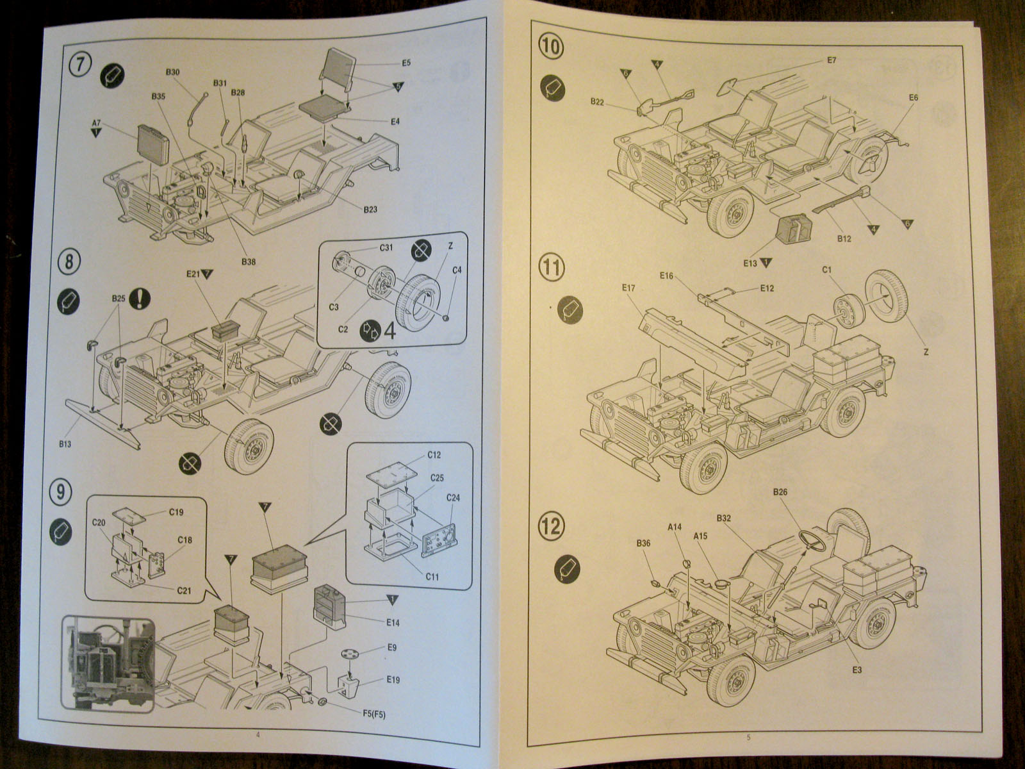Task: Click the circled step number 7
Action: pos(79,66)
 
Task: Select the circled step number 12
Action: pos(552,526)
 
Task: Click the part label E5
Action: pos(406,63)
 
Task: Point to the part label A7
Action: pos(96,122)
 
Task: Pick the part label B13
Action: pos(64,444)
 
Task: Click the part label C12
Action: pos(434,455)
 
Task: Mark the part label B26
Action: pos(780,492)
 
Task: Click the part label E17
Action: pos(628,288)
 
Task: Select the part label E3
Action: pos(857,670)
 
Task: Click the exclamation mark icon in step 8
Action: pos(139,298)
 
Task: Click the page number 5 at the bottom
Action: pos(748,738)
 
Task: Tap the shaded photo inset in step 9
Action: pos(108,663)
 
